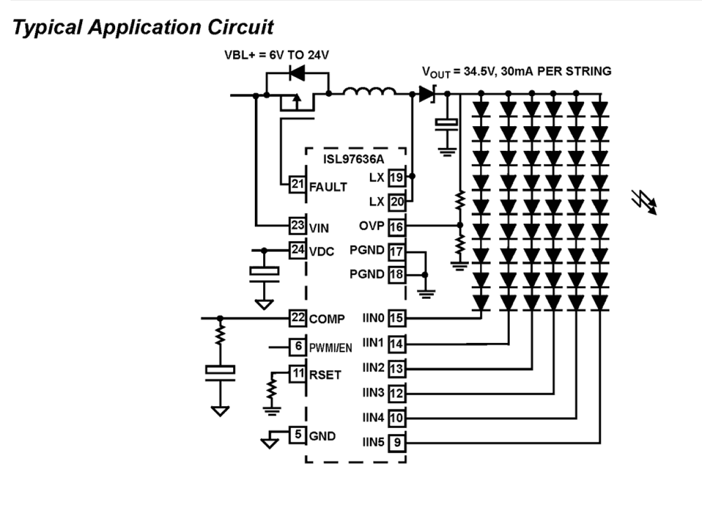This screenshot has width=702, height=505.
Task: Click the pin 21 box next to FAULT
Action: [296, 184]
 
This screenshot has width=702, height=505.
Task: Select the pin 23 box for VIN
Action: [296, 226]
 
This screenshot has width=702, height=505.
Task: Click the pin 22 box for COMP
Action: [296, 318]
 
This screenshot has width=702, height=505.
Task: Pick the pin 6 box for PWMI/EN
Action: [297, 346]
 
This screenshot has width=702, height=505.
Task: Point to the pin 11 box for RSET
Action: [296, 372]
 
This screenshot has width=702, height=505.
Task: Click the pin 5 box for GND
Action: [297, 433]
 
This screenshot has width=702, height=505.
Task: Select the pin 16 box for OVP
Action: [396, 226]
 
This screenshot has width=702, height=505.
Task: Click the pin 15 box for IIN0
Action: [396, 318]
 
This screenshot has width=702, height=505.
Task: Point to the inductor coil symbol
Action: [370, 93]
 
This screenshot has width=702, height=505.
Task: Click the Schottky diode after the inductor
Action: [428, 94]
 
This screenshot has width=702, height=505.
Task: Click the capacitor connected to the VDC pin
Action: [264, 271]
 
